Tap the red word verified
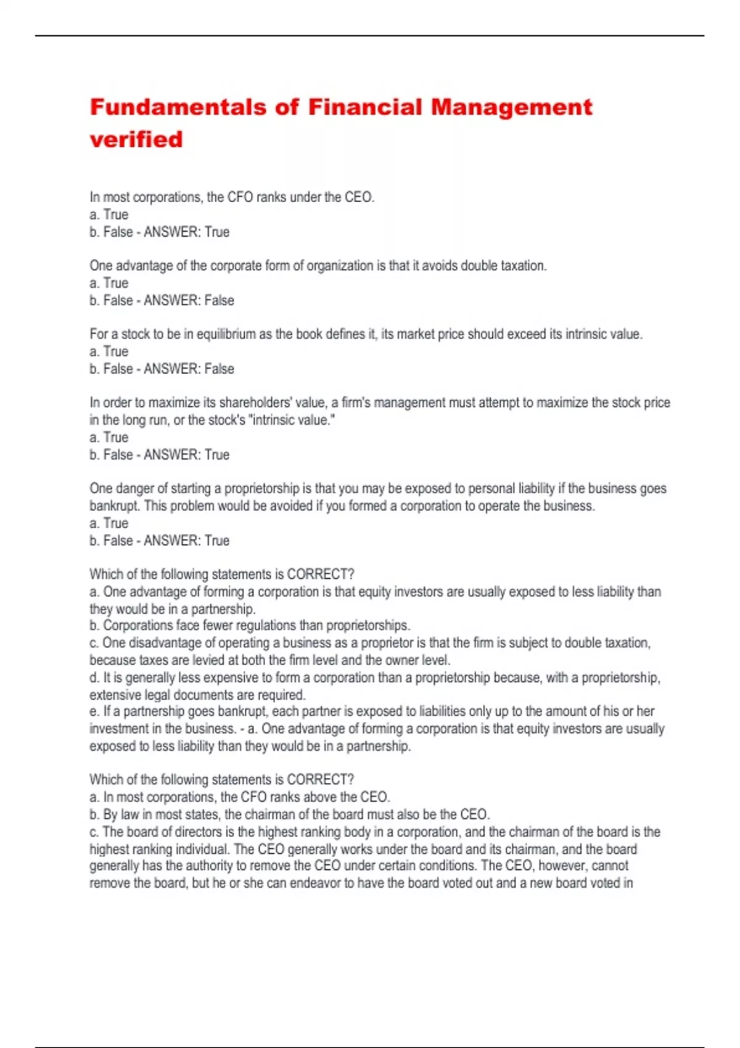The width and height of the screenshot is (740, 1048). [x=136, y=139]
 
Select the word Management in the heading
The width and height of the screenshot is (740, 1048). [x=511, y=107]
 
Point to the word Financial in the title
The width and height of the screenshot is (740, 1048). [x=365, y=107]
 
